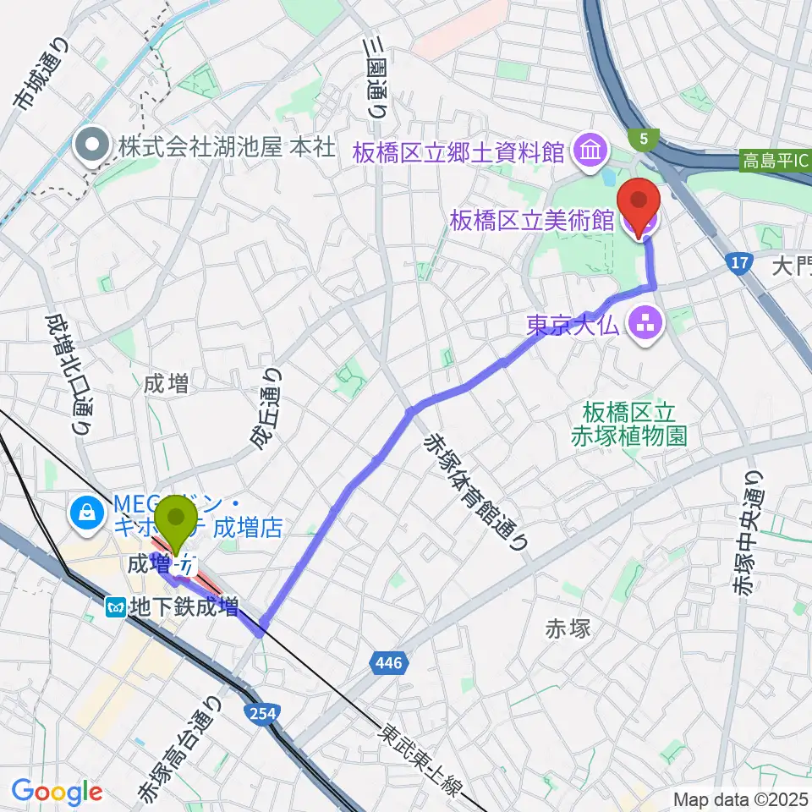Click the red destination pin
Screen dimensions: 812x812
[x=639, y=203]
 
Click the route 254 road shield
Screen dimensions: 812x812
[x=263, y=715]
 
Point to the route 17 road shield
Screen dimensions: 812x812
[x=739, y=264]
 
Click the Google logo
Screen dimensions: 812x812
[x=58, y=793]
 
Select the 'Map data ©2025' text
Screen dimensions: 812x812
[x=741, y=798]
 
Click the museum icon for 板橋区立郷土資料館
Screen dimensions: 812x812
[x=585, y=152]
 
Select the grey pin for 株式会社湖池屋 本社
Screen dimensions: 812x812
[x=91, y=145]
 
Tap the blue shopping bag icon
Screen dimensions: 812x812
[x=85, y=511]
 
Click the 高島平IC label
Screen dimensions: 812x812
[x=773, y=159]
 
